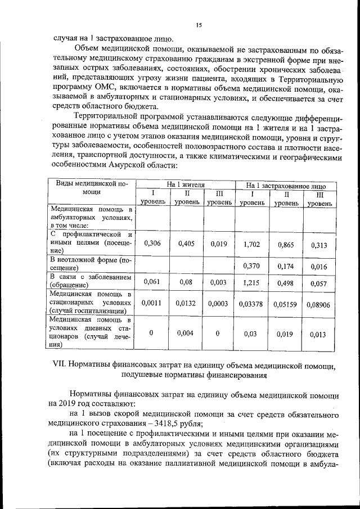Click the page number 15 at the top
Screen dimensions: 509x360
[x=199, y=25]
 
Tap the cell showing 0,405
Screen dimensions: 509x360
[x=186, y=244]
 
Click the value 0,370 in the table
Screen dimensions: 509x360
[x=252, y=265]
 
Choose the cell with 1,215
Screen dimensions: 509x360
[x=252, y=282]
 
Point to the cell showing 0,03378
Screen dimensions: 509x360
[x=252, y=304]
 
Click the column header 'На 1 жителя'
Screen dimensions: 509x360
[x=185, y=184]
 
